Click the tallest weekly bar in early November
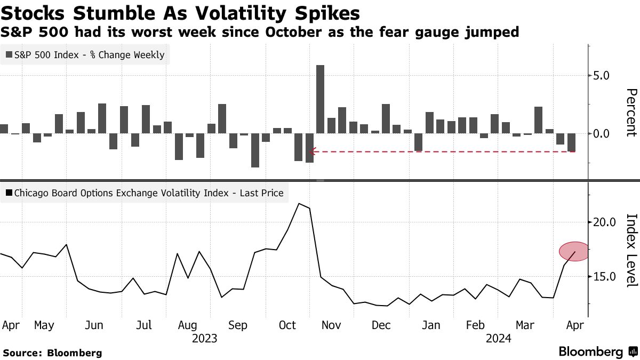pyautogui.click(x=321, y=99)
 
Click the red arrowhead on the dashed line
pyautogui.click(x=313, y=151)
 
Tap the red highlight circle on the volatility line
pyautogui.click(x=574, y=251)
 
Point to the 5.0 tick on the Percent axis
pyautogui.click(x=598, y=75)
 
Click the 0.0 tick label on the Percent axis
pyautogui.click(x=598, y=133)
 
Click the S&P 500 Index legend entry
pyautogui.click(x=85, y=54)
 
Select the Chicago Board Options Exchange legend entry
pyautogui.click(x=144, y=193)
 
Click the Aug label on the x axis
pyautogui.click(x=188, y=325)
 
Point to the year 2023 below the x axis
pyautogui.click(x=204, y=338)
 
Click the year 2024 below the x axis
pyautogui.click(x=499, y=338)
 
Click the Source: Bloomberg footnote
pyautogui.click(x=52, y=353)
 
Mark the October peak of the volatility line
pyautogui.click(x=301, y=204)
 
